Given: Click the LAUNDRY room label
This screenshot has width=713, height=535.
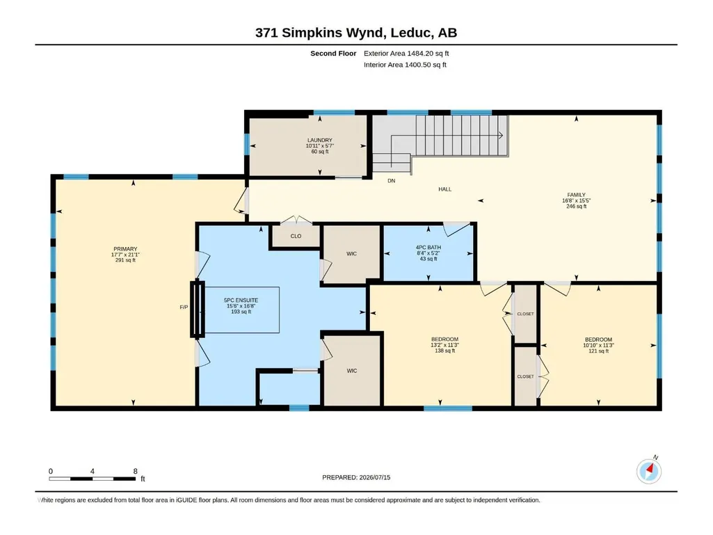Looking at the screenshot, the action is [x=320, y=140].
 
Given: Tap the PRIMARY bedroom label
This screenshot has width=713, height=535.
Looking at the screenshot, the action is [x=125, y=249].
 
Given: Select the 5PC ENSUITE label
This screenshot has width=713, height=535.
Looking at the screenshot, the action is [x=241, y=301].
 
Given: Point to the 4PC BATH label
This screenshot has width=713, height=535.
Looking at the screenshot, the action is [x=428, y=248].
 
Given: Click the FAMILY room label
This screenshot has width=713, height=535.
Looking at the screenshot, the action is [x=576, y=195].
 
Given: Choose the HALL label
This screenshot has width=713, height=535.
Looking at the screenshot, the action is [x=444, y=189].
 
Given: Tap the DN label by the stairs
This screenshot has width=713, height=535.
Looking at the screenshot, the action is [x=391, y=181].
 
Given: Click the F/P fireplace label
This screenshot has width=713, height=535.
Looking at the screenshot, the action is [x=184, y=308].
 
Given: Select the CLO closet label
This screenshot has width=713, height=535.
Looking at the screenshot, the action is [x=296, y=236].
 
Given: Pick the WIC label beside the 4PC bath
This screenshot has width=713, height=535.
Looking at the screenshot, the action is [x=351, y=254].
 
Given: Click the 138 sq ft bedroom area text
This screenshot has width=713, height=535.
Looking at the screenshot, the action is [x=444, y=351].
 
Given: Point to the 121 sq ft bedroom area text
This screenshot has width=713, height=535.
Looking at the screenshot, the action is [x=598, y=351].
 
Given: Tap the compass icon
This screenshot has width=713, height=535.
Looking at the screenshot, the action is [x=649, y=471].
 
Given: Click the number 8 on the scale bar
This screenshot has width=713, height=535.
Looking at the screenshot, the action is [x=135, y=471].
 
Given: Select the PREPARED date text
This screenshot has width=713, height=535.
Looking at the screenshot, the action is [x=356, y=477].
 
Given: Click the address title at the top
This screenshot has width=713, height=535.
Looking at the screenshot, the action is [x=356, y=33].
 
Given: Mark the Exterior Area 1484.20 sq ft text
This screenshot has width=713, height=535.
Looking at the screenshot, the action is [x=406, y=54].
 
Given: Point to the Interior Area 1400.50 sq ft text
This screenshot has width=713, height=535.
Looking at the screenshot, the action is [x=405, y=65].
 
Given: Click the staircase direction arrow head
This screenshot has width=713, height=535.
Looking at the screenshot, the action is [x=501, y=135].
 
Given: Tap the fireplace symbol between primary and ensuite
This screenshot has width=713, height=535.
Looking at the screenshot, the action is [x=198, y=310].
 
